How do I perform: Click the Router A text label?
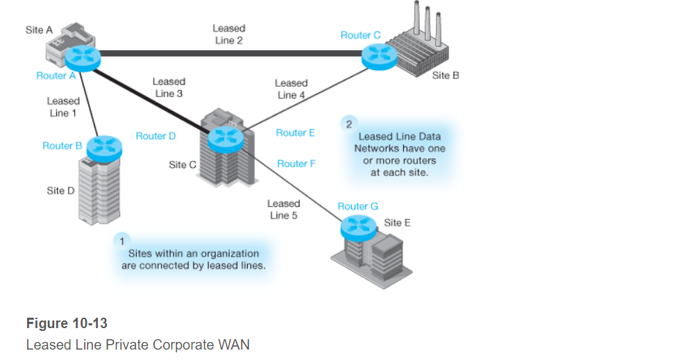56,76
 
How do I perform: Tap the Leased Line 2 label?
228,35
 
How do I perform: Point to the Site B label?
446,75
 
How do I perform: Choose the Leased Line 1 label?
63,107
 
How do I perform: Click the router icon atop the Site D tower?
105,145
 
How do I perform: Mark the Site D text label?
60,191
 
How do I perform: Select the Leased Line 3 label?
168,87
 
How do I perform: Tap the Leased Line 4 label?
291,89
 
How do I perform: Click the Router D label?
155,136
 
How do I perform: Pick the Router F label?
296,164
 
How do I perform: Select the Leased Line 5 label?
283,209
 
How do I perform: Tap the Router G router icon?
357,225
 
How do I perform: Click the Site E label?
397,223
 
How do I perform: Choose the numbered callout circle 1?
121,241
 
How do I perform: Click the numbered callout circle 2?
348,123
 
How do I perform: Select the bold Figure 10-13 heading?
67,323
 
